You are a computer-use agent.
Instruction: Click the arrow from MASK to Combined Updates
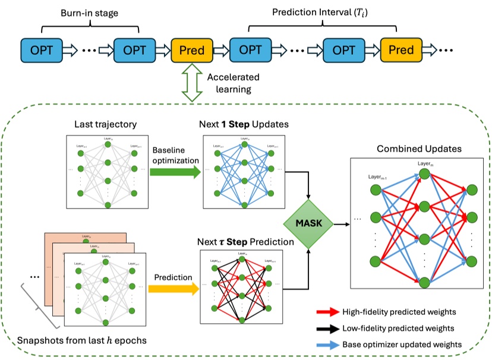pos(341,225)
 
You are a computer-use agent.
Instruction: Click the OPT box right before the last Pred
pos(344,50)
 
